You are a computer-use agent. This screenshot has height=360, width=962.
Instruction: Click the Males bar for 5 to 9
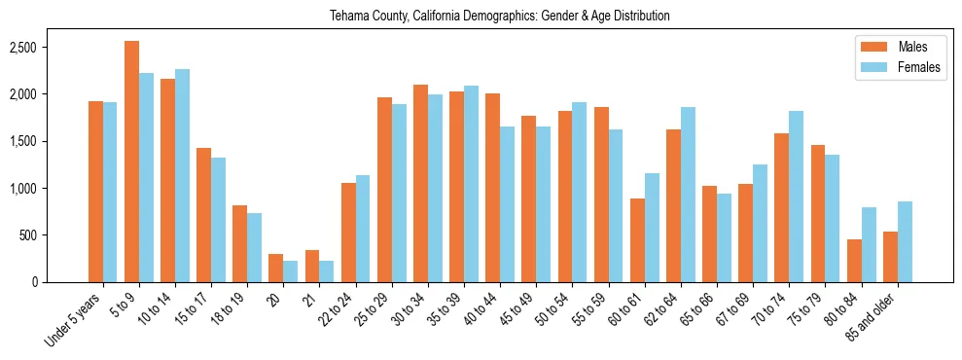click(131, 162)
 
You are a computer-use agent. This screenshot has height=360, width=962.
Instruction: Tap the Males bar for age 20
click(275, 268)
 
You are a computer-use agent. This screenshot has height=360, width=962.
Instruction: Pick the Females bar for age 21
click(326, 271)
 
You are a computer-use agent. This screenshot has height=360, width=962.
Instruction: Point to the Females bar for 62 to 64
click(689, 195)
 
